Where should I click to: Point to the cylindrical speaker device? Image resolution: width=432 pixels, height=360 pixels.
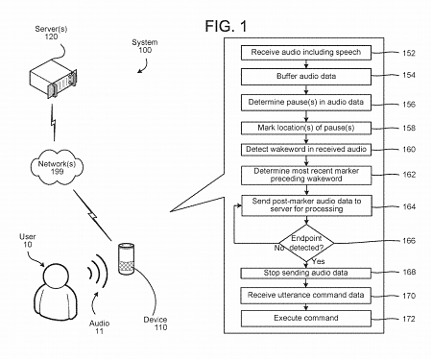(x=123, y=262)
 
